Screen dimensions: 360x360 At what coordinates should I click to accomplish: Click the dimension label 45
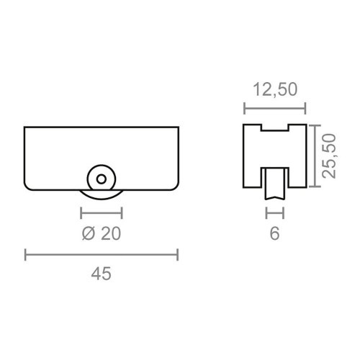tap(102, 274)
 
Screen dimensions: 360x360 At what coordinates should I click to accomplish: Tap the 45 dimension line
tap(102, 253)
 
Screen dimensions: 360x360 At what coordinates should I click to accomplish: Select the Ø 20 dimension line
tap(102, 212)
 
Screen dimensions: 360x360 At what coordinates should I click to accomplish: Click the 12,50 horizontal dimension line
tap(274, 109)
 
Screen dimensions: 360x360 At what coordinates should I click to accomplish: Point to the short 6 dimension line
tap(274, 212)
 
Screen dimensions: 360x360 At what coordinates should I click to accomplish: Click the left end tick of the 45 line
tap(26, 253)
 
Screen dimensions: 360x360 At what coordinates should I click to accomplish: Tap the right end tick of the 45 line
tap(178, 253)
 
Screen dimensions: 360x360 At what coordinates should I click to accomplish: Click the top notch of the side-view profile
tap(274, 129)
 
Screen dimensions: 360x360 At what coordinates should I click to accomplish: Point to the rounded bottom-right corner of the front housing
tap(175, 186)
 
